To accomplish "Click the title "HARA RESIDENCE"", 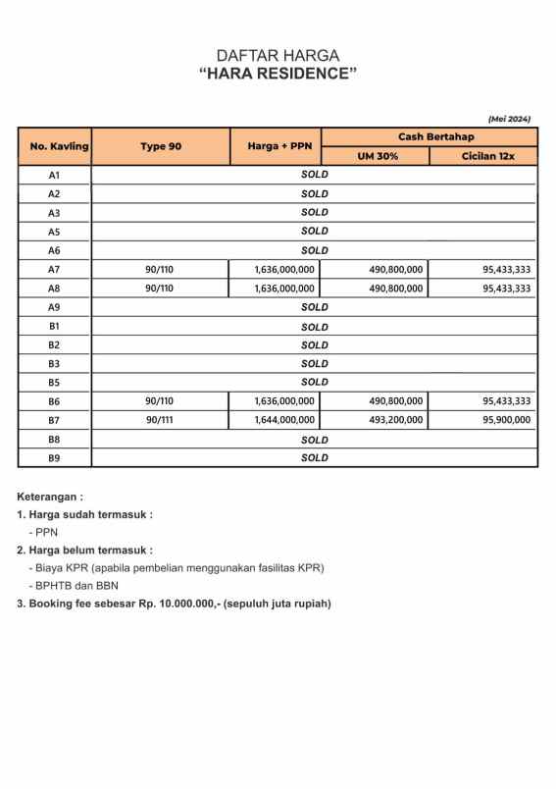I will tap(278, 75).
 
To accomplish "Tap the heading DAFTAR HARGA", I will tap(278, 56).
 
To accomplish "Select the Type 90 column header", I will tap(160, 146).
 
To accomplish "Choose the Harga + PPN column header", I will tap(276, 146).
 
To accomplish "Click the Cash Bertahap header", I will tap(429, 136).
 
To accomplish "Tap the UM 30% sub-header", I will tap(375, 156).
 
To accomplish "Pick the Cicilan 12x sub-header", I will tap(483, 156).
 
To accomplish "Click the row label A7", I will tap(55, 269).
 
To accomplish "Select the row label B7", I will tap(55, 420).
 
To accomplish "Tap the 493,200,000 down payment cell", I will tap(395, 420).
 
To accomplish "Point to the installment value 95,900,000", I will tap(506, 420).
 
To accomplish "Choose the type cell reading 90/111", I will tap(159, 420).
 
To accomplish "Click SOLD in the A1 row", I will tap(314, 175).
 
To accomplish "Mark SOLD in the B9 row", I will tap(314, 457).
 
